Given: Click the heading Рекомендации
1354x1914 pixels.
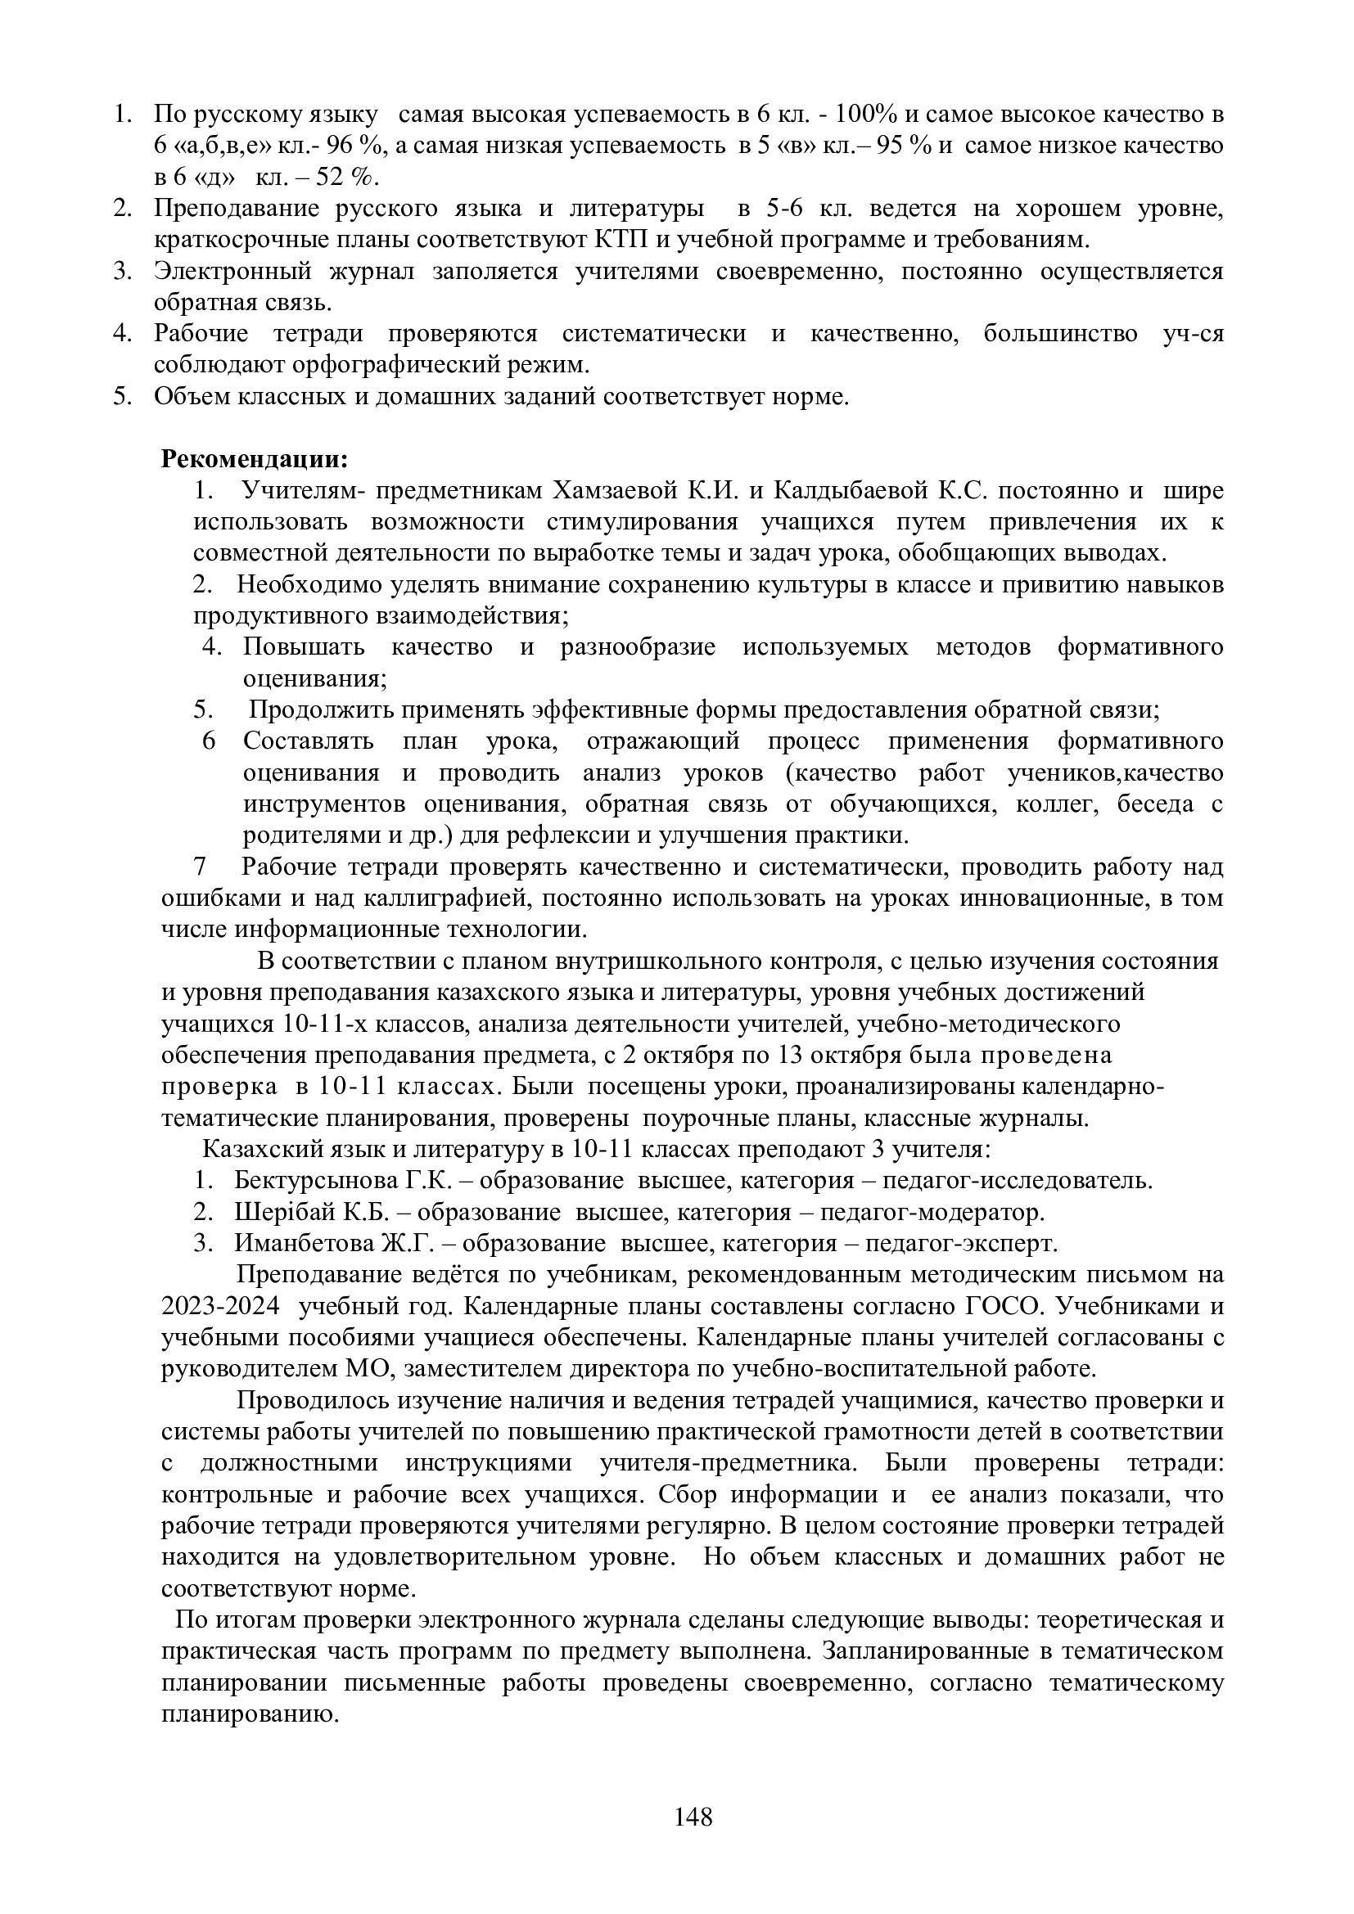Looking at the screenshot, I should [x=254, y=458].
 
